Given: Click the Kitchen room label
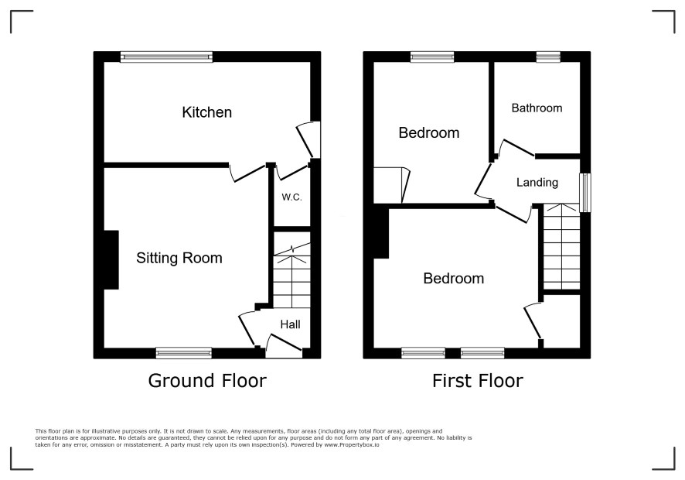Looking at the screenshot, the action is (206, 112).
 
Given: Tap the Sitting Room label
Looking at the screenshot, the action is (179, 258).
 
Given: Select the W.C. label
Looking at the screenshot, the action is (291, 197).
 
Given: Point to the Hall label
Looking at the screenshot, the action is (291, 324).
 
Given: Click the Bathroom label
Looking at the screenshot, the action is (537, 108).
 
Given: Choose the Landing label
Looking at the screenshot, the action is (537, 183).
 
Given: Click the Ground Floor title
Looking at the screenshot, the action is (207, 381).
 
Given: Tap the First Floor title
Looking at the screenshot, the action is (478, 381).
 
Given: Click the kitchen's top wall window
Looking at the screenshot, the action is (166, 57).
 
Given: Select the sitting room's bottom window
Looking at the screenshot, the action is (184, 353).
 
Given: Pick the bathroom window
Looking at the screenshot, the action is (548, 57).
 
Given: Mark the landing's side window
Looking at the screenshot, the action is (585, 193).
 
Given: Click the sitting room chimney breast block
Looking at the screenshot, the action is (111, 260).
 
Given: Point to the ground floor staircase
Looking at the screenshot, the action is (291, 276).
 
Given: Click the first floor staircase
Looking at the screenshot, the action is (561, 246).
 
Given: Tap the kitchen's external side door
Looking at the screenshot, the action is (308, 140).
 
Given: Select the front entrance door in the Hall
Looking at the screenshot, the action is (284, 345).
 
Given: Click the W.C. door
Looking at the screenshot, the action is (293, 172).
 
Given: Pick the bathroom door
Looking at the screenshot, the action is (516, 148).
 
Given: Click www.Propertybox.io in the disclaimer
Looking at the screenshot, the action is (352, 444).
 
